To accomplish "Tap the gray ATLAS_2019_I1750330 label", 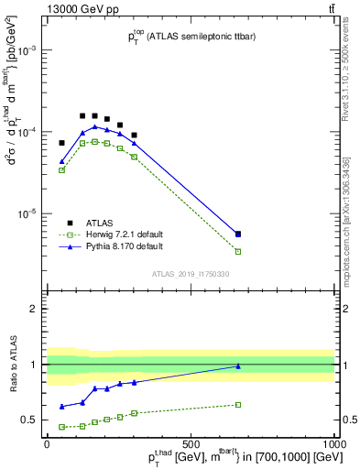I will (190, 274).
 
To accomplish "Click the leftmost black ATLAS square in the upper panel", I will (62, 143).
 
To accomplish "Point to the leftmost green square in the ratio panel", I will (62, 427).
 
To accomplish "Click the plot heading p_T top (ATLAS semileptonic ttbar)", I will (190, 38).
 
